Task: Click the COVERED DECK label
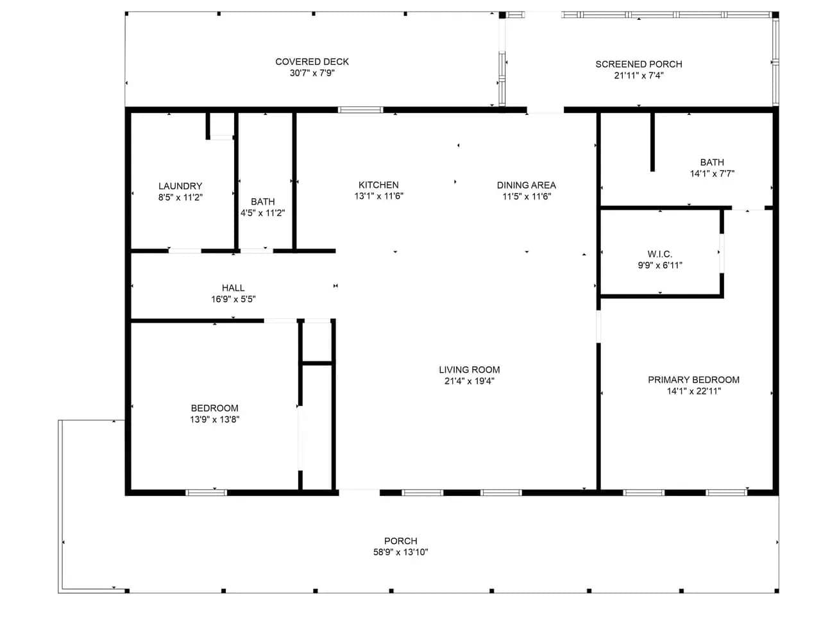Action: click(312, 62)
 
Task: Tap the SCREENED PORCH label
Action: click(638, 64)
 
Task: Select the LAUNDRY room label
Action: click(180, 186)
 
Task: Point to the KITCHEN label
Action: click(378, 185)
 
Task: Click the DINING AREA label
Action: click(526, 185)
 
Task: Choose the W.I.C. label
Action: click(659, 254)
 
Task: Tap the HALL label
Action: click(233, 287)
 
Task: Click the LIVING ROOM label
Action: click(469, 370)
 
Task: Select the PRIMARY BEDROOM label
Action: click(693, 380)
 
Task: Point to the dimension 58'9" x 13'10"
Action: click(400, 552)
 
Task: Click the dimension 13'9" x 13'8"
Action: click(214, 420)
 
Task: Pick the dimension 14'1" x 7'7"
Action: click(712, 174)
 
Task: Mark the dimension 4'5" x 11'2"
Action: click(262, 213)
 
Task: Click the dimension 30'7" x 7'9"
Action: click(312, 73)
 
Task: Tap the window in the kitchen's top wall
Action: click(360, 110)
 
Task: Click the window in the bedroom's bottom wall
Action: click(206, 493)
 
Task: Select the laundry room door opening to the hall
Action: click(184, 251)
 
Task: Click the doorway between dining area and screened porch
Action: click(545, 110)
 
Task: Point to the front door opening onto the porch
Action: click(359, 493)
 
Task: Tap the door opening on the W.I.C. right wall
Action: click(722, 253)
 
